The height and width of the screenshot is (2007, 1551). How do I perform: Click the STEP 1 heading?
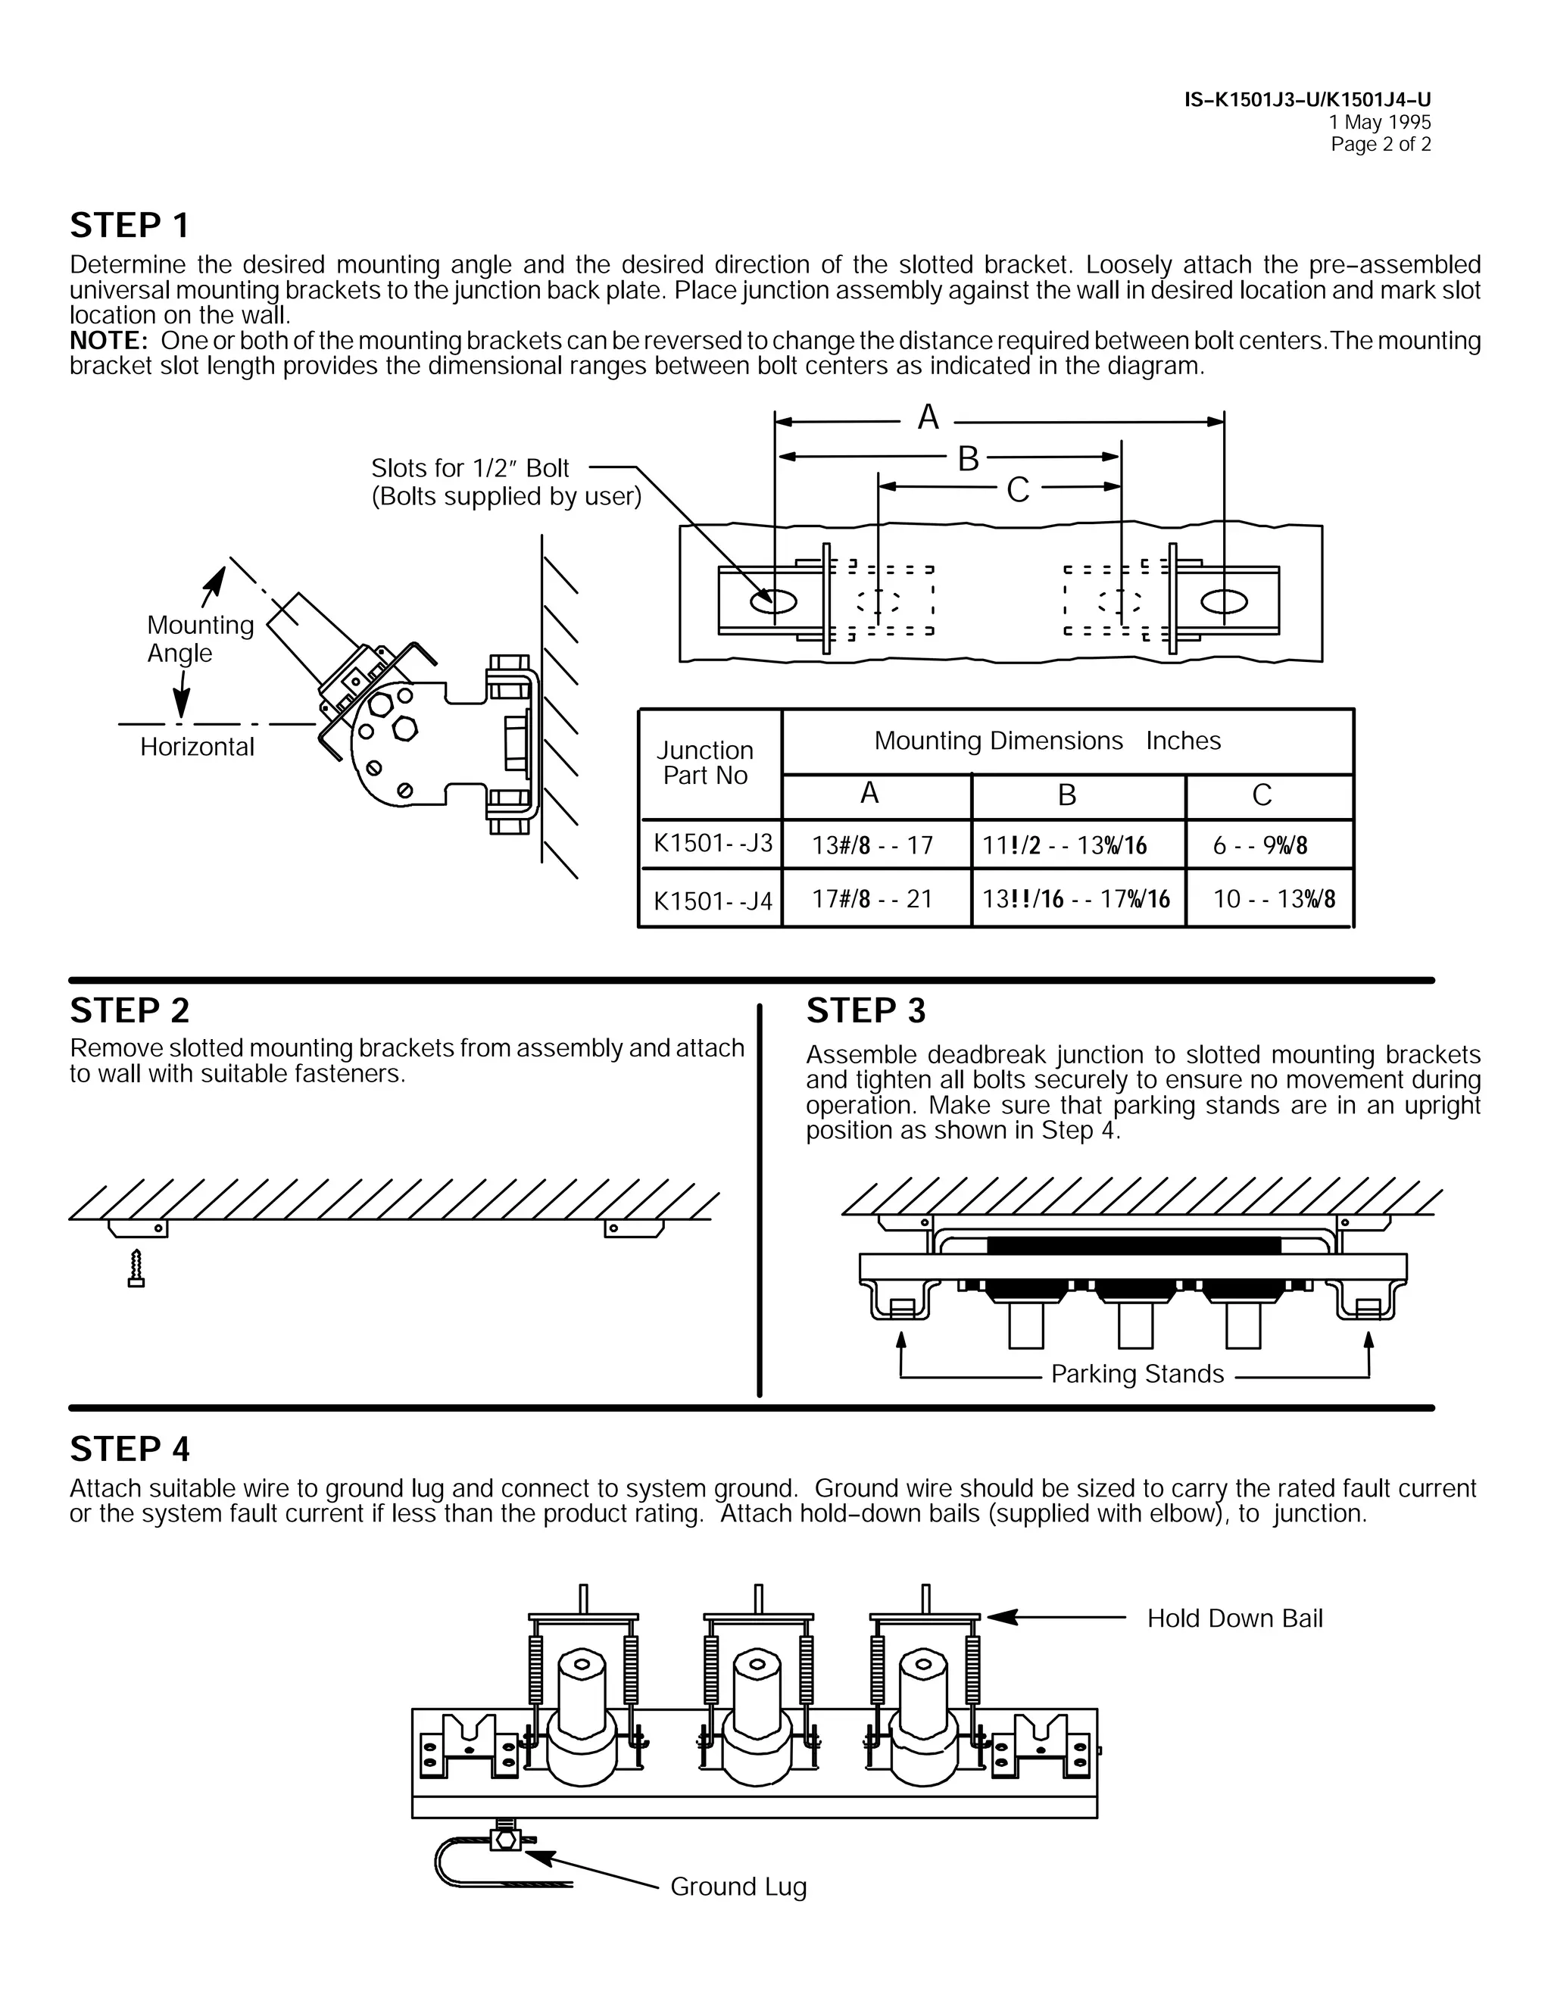[130, 225]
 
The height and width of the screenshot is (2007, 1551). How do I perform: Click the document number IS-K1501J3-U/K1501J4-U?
[1306, 100]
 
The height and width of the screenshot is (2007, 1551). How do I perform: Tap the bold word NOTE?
[108, 341]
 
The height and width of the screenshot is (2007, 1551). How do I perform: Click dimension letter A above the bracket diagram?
[928, 418]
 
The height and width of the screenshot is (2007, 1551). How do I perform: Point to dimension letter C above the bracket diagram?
[1017, 490]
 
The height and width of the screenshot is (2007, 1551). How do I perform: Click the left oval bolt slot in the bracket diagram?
[774, 602]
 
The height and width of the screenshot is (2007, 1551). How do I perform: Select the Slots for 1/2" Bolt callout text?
[470, 469]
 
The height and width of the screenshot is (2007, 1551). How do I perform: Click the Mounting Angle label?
[199, 638]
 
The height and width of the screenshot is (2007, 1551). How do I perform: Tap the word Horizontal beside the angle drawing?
[197, 747]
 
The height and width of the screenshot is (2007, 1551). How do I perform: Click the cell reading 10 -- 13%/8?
[1274, 899]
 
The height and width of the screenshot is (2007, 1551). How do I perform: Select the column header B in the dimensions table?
[1067, 795]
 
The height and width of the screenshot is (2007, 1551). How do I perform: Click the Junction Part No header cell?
[705, 763]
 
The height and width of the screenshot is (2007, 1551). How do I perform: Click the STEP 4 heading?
[130, 1449]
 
